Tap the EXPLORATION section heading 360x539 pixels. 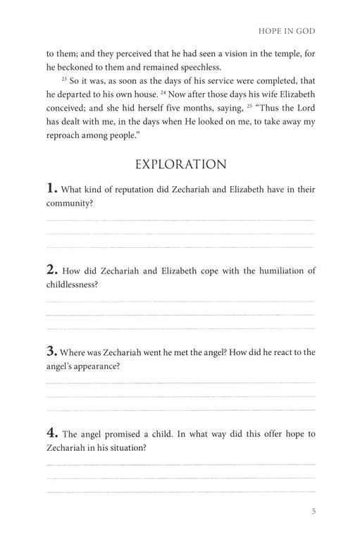pyautogui.click(x=180, y=164)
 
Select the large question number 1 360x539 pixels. pyautogui.click(x=51, y=188)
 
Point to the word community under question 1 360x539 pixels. pyautogui.click(x=70, y=204)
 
